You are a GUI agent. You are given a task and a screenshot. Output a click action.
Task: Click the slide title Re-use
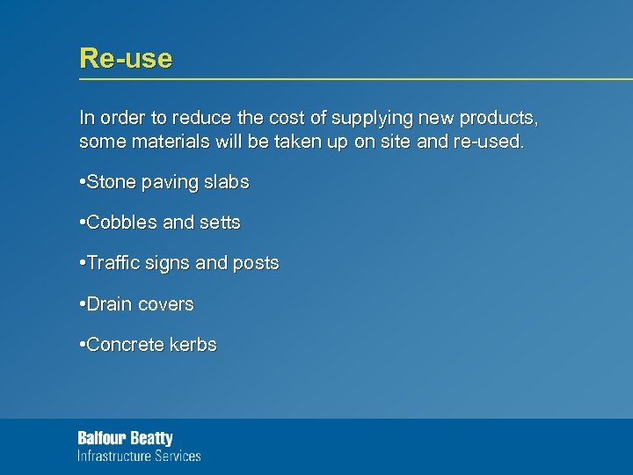click(126, 59)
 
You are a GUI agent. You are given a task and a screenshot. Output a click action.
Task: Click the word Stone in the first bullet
click(111, 183)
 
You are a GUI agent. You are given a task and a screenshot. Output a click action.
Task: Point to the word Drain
click(109, 304)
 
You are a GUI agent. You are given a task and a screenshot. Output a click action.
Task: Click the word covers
click(165, 304)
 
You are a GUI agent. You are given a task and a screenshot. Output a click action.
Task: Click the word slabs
click(227, 183)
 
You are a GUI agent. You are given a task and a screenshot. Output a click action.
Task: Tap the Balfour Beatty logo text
click(126, 438)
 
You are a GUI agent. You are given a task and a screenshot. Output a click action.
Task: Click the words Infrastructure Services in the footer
click(139, 456)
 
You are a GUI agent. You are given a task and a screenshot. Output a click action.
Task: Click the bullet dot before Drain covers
click(82, 304)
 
